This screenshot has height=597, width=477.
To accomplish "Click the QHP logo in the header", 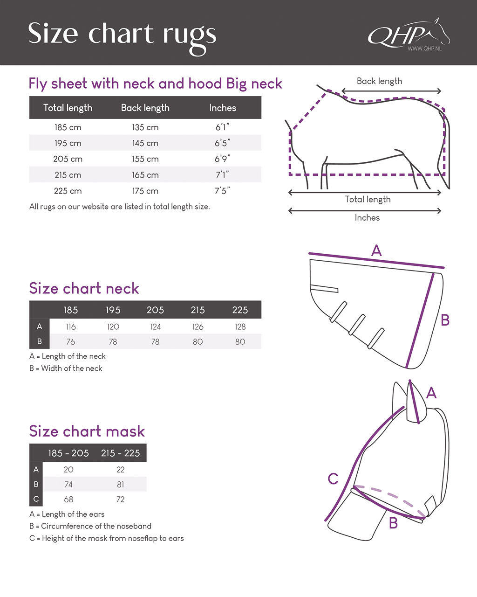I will click(x=408, y=34).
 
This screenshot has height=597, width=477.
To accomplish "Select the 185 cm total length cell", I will click(x=68, y=127).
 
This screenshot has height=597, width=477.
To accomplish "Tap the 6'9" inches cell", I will click(x=222, y=159).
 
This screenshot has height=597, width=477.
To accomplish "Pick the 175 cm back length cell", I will click(x=145, y=191).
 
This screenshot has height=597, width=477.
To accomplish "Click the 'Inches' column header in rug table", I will click(x=222, y=108).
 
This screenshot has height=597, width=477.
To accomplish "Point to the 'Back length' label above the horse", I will click(x=379, y=81).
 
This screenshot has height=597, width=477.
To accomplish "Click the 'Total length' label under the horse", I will click(x=368, y=199).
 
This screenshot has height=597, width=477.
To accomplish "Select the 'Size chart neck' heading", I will click(x=84, y=288).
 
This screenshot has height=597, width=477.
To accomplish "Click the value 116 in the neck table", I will click(x=71, y=326).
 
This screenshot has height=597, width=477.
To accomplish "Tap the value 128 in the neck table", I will click(x=240, y=326).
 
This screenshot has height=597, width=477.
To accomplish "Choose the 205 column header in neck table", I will click(x=155, y=310).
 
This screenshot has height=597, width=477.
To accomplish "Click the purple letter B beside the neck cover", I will click(x=445, y=320).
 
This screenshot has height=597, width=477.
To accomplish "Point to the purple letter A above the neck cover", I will click(x=376, y=250).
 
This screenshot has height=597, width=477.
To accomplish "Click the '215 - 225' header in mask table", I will click(x=120, y=453).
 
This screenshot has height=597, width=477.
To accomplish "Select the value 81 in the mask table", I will click(x=120, y=484).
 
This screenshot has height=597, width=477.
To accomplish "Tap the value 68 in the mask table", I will click(x=68, y=499).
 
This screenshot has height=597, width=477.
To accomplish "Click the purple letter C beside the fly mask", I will click(x=333, y=479).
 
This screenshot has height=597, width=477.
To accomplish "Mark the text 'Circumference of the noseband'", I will click(x=96, y=526).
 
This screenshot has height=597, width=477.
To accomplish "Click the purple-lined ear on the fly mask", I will click(x=414, y=403).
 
